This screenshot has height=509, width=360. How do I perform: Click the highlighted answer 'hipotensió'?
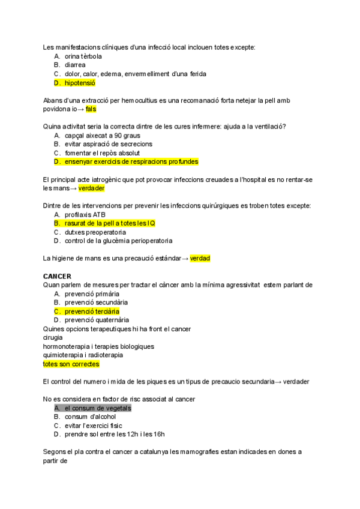point(80,83)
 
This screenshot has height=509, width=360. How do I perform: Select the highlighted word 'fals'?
point(91,109)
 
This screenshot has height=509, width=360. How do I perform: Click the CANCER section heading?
point(57,276)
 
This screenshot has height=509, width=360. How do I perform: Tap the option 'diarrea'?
point(75,65)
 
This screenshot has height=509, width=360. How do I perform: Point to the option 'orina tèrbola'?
point(83,56)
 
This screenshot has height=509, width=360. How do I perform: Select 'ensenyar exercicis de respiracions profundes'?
point(131,161)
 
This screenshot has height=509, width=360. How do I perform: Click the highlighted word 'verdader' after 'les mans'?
point(92,188)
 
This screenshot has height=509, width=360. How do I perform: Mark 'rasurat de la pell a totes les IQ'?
point(110,223)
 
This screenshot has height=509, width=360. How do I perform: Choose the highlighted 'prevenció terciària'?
point(92,312)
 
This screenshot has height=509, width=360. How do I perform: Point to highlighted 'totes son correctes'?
point(71,364)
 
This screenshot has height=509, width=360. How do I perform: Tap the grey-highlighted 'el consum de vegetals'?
point(98,408)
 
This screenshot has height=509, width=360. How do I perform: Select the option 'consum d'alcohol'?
point(91,417)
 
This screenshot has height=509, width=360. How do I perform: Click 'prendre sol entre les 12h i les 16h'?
point(115,434)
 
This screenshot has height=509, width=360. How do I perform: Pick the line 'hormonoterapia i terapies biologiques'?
point(98,346)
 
